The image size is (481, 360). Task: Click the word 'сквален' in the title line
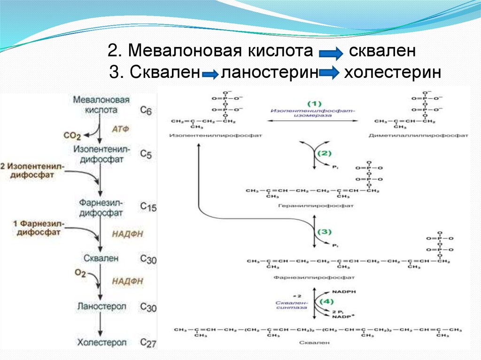tap(382, 51)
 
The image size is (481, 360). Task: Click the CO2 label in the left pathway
tap(72, 136)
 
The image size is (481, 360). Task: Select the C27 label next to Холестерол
tap(148, 344)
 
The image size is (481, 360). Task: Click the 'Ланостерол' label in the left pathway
tap(101, 306)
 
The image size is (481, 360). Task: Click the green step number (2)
tap(324, 153)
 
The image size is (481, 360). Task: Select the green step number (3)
tap(325, 231)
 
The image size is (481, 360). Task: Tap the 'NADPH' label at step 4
tap(344, 291)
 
